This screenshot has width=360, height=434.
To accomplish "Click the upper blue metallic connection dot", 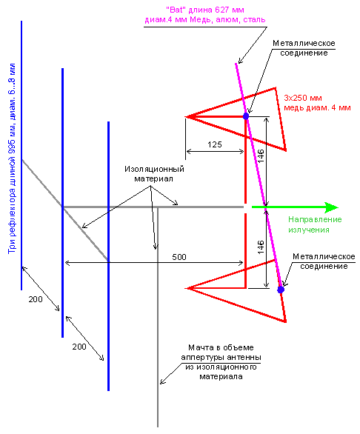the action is [246, 116].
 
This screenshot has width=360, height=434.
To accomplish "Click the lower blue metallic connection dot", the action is [281, 290].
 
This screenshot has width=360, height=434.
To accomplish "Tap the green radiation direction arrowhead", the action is [331, 207].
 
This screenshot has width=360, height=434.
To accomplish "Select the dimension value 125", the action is [215, 144].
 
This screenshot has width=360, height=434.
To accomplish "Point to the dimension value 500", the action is [179, 257].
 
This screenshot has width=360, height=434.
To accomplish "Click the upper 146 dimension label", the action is [261, 156].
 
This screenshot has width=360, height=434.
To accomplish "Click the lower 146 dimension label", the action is [261, 247].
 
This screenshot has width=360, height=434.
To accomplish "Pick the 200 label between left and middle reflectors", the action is [36, 299].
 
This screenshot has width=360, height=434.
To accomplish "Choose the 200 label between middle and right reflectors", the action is [79, 347].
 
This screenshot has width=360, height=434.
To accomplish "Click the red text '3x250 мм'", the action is [303, 98].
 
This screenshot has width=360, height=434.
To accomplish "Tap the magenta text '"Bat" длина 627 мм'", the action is [205, 10].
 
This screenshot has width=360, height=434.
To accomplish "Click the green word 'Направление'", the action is [315, 219].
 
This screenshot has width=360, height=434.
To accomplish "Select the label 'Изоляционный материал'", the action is [154, 174].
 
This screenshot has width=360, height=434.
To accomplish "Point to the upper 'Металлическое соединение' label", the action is [304, 48].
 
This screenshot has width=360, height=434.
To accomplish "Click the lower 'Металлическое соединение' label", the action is [324, 261].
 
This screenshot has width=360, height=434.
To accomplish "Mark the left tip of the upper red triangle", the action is [185, 117].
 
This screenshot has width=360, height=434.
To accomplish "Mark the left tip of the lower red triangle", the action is [185, 288].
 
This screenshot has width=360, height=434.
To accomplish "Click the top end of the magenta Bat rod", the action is [236, 64].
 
